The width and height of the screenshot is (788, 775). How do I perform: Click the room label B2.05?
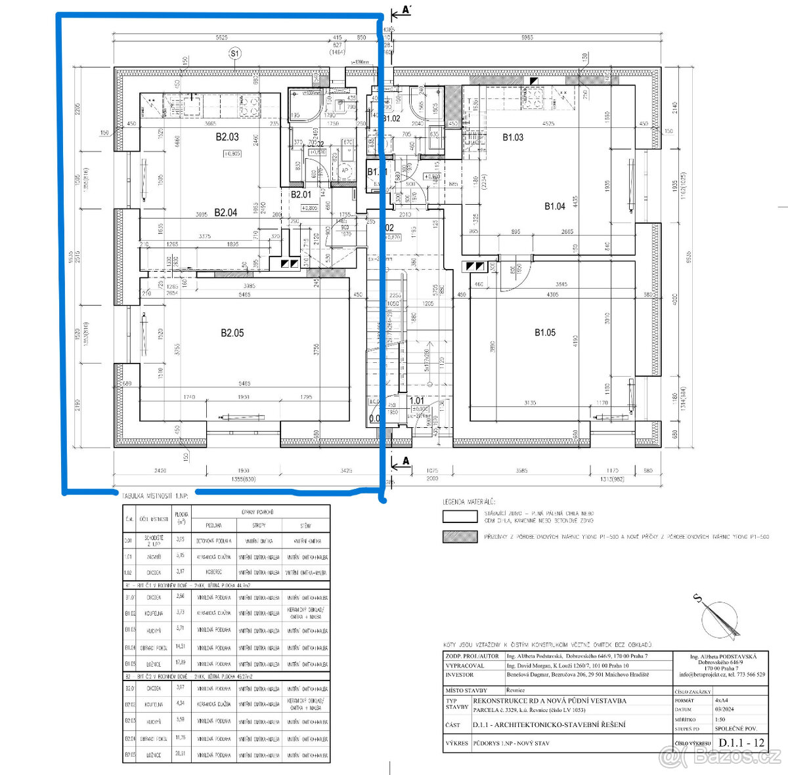point(232,333)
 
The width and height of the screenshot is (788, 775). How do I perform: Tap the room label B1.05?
point(544,332)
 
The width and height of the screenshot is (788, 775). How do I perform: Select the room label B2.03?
point(227,137)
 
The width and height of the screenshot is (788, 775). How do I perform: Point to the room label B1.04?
point(554,206)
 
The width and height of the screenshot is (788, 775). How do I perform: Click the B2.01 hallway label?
point(301,194)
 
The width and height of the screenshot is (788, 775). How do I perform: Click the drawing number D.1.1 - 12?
point(741,743)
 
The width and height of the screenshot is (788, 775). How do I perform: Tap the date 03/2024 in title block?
point(723,709)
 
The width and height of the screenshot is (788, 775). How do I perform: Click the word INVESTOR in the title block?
point(459,674)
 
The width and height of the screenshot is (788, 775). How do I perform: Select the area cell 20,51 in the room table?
point(181,754)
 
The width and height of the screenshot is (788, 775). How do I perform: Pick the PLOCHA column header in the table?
point(181,518)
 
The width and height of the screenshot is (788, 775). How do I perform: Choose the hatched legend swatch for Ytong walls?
point(460,536)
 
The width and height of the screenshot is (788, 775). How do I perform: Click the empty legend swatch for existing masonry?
point(460,516)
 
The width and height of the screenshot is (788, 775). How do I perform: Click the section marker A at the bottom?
point(405,461)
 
